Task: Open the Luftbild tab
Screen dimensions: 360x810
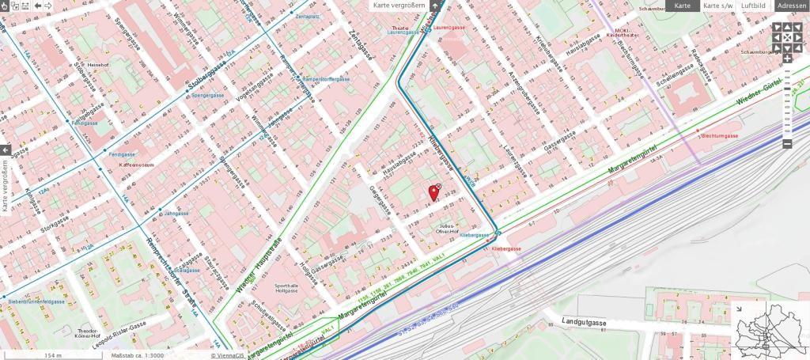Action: coord(752,6)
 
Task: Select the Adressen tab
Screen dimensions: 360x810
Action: coord(791,6)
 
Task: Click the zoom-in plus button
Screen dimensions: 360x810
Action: coord(787,59)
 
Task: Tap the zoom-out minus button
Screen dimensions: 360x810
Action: coord(787,143)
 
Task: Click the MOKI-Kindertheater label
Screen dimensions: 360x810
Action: coord(622,33)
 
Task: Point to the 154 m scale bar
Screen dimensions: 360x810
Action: coord(54,354)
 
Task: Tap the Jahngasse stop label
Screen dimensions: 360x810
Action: coord(176,214)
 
